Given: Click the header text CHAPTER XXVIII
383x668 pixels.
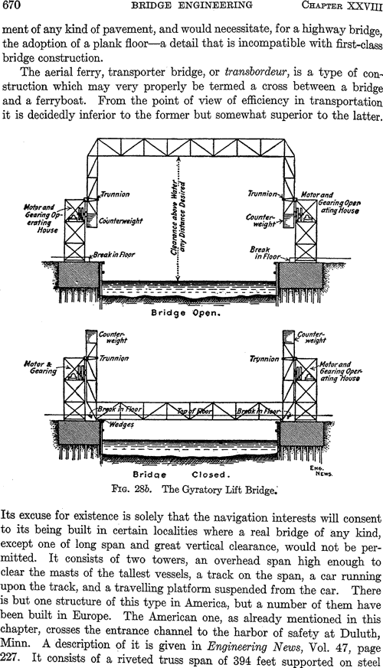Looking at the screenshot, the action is pyautogui.click(x=342, y=5).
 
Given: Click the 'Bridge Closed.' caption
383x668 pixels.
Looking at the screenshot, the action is pyautogui.click(x=182, y=475).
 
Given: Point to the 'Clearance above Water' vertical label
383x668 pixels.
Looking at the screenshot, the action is pyautogui.click(x=174, y=217).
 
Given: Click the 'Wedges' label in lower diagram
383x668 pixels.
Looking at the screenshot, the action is pyautogui.click(x=122, y=425).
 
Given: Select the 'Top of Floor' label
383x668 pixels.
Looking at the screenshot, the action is pyautogui.click(x=195, y=411).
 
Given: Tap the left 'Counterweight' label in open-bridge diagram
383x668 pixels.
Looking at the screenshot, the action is pyautogui.click(x=121, y=221).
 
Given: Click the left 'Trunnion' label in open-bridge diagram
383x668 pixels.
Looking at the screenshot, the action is pyautogui.click(x=115, y=194).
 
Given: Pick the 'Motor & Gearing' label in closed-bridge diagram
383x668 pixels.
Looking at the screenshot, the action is pyautogui.click(x=40, y=367).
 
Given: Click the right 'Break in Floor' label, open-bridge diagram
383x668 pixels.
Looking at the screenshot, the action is pyautogui.click(x=264, y=253).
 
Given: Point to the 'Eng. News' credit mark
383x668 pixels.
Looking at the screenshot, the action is pyautogui.click(x=324, y=471).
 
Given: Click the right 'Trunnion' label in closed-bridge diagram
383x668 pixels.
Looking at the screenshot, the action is pyautogui.click(x=264, y=359).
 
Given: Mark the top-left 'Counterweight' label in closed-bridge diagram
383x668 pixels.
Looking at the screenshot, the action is pyautogui.click(x=113, y=337).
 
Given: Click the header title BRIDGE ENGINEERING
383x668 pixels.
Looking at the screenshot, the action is pyautogui.click(x=191, y=5).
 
